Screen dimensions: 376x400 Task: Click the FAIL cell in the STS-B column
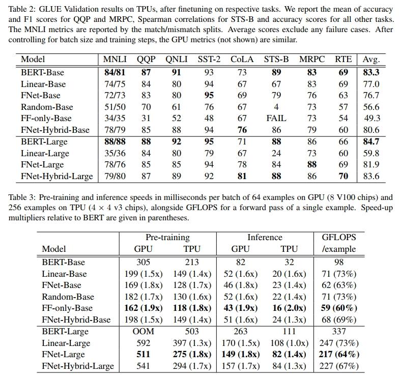pos(276,119)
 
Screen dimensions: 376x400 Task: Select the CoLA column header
pos(242,60)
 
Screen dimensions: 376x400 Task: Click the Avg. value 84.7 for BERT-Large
pos(371,142)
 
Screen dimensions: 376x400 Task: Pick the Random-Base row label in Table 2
pos(47,107)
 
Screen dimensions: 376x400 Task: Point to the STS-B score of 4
pos(276,107)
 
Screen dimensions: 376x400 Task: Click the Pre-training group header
pos(167,237)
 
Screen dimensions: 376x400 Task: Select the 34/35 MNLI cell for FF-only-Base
pos(115,119)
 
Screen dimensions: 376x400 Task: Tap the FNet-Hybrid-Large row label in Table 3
pos(78,366)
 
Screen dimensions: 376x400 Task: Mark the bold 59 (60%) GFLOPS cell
pos(339,308)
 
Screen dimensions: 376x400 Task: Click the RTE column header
pos(344,60)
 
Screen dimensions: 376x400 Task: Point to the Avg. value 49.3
pos(371,119)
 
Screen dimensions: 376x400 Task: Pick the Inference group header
pos(264,237)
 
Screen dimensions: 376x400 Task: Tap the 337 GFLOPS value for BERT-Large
pos(339,331)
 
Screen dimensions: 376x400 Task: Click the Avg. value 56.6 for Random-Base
pos(371,107)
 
